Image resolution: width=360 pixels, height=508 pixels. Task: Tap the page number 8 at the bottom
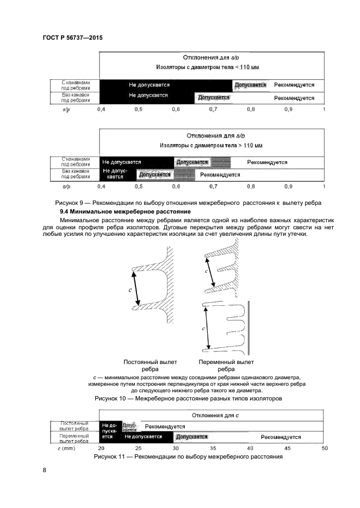45,470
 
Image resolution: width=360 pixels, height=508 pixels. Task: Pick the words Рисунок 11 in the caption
113,456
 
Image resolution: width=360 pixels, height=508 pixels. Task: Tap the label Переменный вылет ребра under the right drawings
226,365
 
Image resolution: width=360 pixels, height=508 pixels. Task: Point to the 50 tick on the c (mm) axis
325,448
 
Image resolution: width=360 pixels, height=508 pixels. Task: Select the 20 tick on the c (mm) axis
101,448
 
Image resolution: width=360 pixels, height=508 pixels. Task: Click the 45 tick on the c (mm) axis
288,448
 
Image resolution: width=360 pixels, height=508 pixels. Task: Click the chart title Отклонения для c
212,416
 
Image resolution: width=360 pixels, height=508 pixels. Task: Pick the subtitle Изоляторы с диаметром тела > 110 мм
211,146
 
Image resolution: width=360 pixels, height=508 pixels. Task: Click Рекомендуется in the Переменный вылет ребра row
281,436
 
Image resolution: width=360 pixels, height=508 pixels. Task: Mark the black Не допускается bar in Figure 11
143,436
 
